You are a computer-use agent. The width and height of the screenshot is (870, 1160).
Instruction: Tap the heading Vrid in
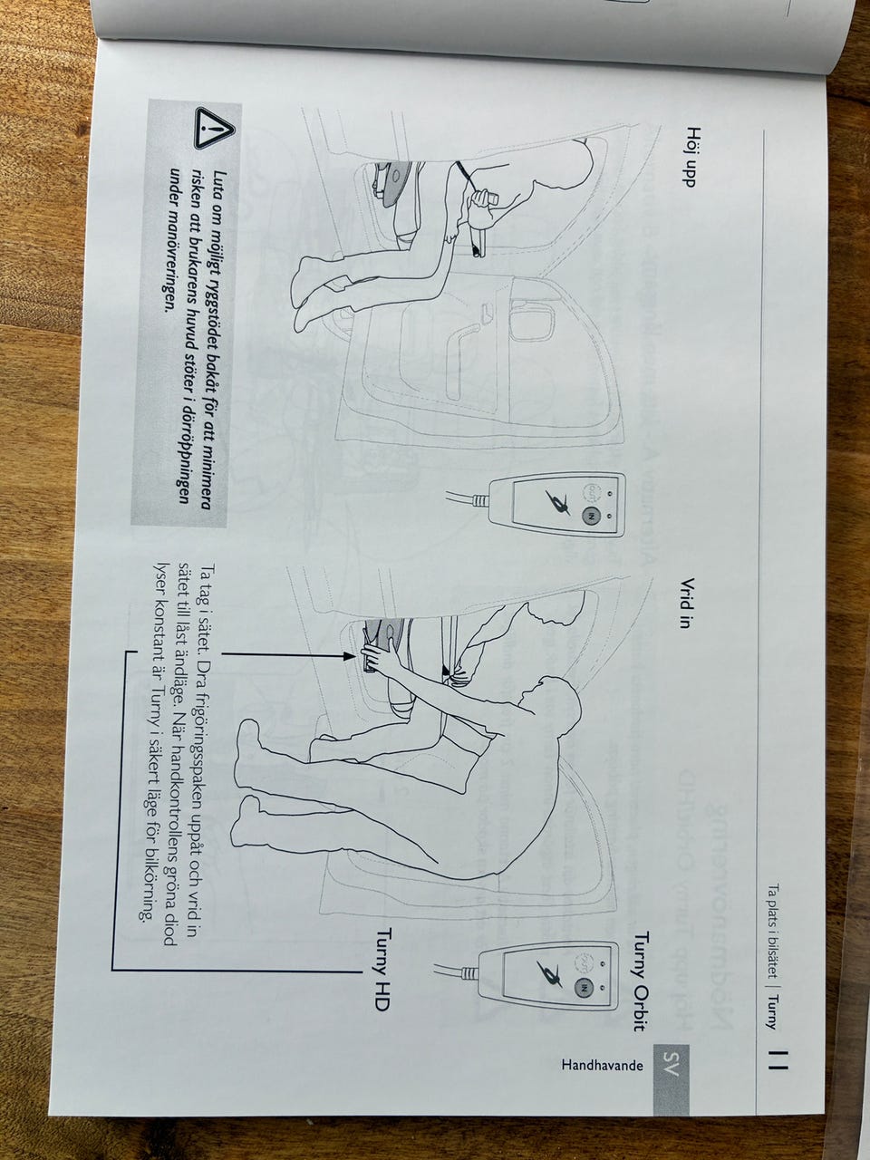point(686,603)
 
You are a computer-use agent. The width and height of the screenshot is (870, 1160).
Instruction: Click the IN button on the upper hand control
point(591,516)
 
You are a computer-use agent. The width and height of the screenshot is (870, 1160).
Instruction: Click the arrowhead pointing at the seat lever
point(348,656)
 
